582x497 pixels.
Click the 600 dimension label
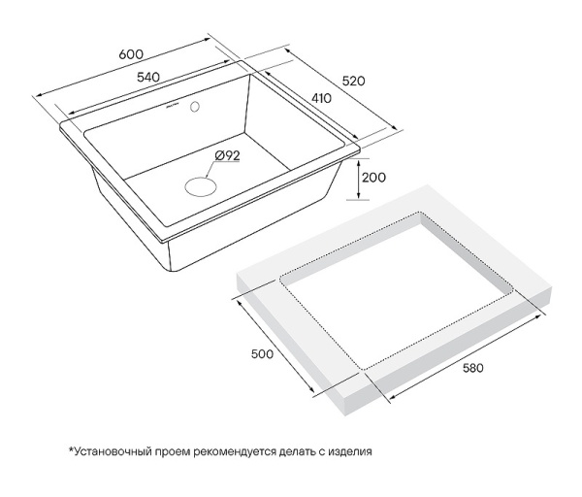point(131,54)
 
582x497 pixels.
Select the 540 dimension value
point(148,78)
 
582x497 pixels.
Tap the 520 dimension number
point(353,81)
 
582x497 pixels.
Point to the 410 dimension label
point(321,98)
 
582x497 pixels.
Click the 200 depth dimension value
point(373,178)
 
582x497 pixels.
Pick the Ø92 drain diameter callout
point(227,155)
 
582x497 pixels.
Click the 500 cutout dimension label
point(262,354)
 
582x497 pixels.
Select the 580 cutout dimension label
point(473,368)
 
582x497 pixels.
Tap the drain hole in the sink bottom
point(201,186)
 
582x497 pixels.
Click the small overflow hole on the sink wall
point(195,107)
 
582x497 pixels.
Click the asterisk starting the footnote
point(71,449)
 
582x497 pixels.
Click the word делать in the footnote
point(297,452)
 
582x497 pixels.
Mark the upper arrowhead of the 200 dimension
point(358,162)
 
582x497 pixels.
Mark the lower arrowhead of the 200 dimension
point(358,195)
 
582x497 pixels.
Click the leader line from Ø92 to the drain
point(210,169)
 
